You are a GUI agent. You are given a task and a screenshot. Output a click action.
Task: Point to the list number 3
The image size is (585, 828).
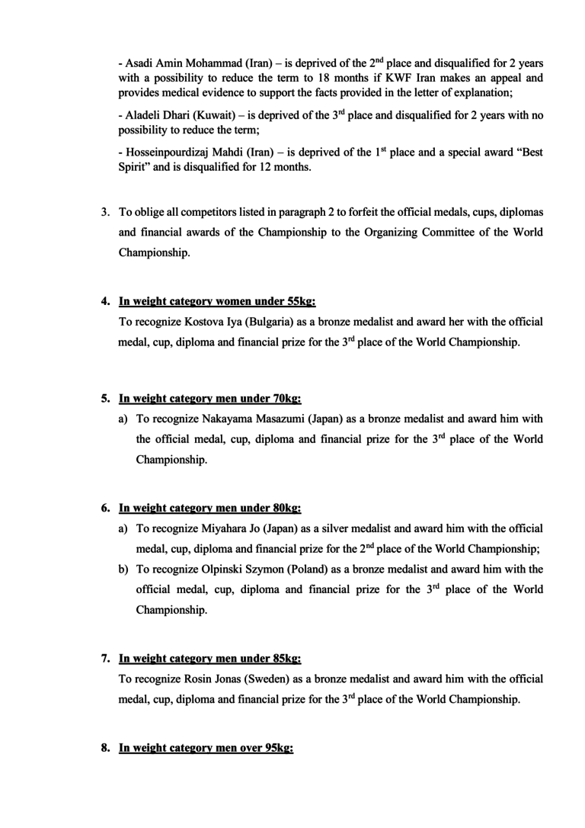[106, 211]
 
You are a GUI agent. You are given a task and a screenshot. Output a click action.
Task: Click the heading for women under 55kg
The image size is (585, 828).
[212, 301]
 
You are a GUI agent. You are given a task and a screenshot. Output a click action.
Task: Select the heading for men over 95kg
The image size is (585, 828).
[205, 749]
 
